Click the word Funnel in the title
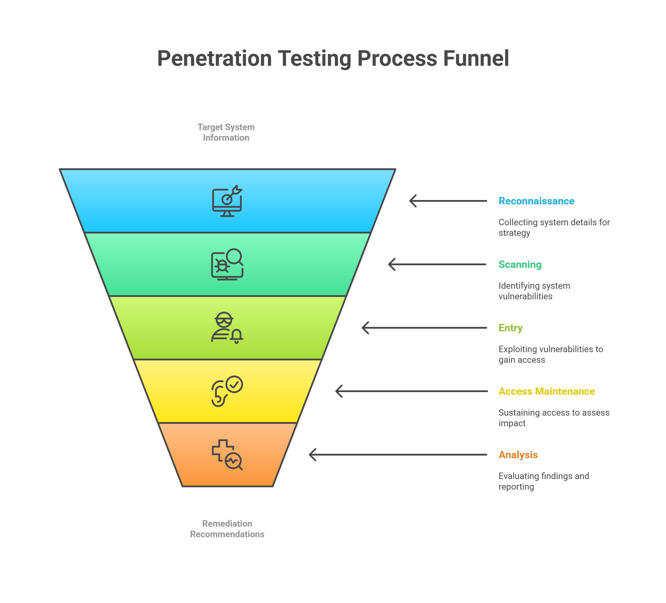point(476,58)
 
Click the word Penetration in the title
point(214,58)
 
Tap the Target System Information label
point(226,132)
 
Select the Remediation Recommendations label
point(227,529)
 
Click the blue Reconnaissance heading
point(536,201)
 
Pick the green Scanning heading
point(520,264)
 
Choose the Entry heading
point(510,328)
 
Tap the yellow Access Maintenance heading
point(546,391)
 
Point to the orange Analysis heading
point(518,455)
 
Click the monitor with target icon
point(227,201)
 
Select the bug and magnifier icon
point(227,264)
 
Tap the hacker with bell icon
point(227,328)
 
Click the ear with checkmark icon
point(227,391)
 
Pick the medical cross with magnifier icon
point(227,455)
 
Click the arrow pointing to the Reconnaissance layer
point(448,201)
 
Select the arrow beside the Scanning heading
point(437,264)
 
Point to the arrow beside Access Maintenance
point(411,391)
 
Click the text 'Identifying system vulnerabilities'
point(534,291)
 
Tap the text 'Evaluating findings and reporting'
point(544,481)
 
